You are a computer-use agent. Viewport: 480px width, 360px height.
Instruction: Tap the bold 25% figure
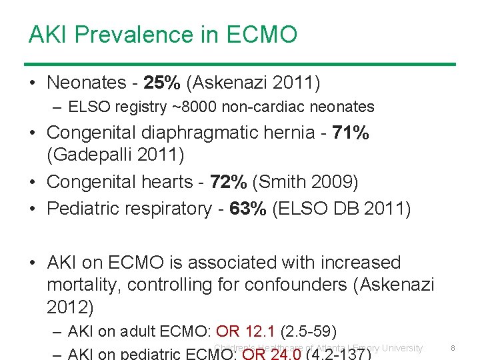[163, 83]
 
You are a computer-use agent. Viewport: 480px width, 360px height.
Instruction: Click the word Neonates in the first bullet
[87, 83]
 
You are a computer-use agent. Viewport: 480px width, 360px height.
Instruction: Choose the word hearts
[167, 181]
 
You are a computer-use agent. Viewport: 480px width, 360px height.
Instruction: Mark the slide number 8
[453, 347]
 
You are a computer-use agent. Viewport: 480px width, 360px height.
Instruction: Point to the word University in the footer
[397, 347]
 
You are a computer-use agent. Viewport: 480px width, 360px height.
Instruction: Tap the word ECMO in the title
[262, 34]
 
